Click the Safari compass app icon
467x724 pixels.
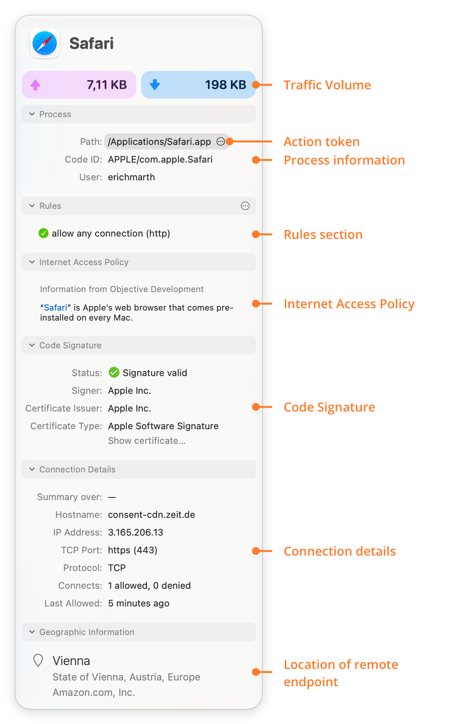[x=45, y=43]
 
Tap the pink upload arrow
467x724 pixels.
[x=35, y=85]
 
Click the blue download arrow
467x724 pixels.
[x=155, y=84]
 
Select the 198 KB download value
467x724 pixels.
[x=225, y=85]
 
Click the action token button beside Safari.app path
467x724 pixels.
[x=221, y=141]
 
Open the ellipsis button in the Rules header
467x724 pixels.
[x=245, y=206]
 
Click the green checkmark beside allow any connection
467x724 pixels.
[x=44, y=233]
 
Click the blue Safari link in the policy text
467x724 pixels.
[x=55, y=307]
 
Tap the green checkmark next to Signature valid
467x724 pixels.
[x=114, y=372]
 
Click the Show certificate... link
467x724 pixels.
[x=147, y=441]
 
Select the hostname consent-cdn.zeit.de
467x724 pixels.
[x=151, y=515]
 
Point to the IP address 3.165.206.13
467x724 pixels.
[x=136, y=533]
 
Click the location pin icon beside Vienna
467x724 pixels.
[x=38, y=660]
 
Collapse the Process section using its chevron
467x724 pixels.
[x=32, y=114]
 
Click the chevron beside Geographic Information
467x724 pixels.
[x=32, y=632]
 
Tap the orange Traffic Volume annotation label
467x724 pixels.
[x=328, y=85]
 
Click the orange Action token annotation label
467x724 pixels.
[x=322, y=142]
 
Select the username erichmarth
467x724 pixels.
[x=131, y=177]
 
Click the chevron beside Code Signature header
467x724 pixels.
[x=32, y=345]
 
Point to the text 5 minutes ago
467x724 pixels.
[x=139, y=603]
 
